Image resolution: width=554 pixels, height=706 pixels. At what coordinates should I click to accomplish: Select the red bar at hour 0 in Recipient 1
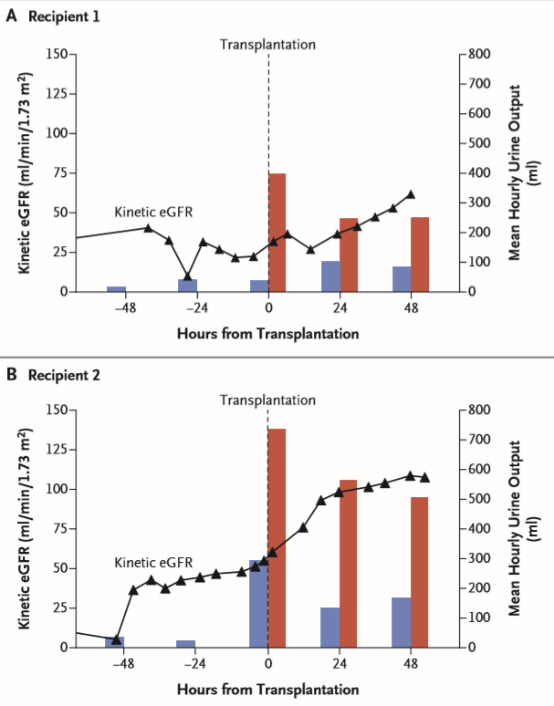(x=277, y=233)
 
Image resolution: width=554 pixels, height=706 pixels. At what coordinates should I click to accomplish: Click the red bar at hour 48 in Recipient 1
(x=420, y=254)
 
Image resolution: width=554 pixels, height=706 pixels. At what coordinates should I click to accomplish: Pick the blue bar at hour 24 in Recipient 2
(x=330, y=627)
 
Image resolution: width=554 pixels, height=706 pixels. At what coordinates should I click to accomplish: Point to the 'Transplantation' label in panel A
(x=268, y=44)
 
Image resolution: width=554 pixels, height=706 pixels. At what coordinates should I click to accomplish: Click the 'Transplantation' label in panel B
(x=268, y=400)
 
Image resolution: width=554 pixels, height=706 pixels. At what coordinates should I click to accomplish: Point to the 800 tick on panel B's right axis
(x=482, y=410)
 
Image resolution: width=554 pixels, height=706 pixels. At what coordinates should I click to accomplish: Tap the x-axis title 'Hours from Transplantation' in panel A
(x=267, y=333)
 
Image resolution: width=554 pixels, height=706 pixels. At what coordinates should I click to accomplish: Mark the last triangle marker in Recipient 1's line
(x=411, y=194)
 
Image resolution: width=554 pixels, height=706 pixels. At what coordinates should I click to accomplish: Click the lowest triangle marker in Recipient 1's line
(x=188, y=276)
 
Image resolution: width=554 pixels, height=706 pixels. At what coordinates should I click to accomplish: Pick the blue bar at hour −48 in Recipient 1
(x=116, y=289)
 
